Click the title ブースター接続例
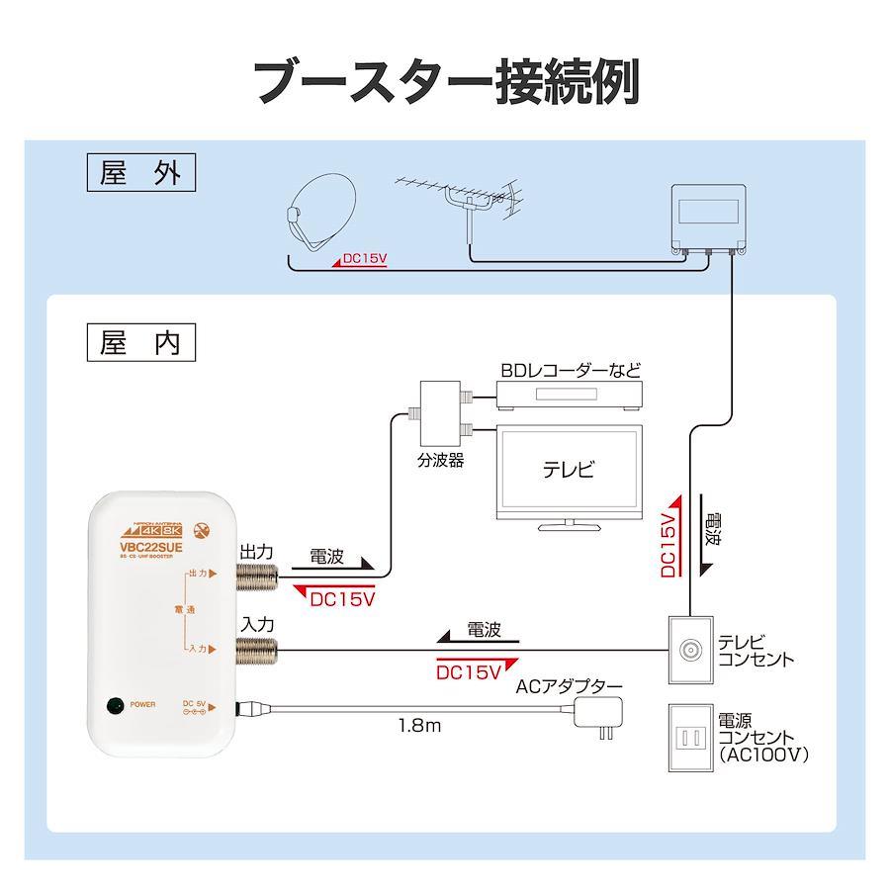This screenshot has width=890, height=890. pos(446,80)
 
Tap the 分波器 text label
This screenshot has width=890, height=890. pos(441,461)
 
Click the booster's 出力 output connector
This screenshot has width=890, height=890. pos(253,575)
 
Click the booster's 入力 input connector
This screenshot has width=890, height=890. pos(253,649)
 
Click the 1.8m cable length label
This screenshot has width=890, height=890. pos(419,726)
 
